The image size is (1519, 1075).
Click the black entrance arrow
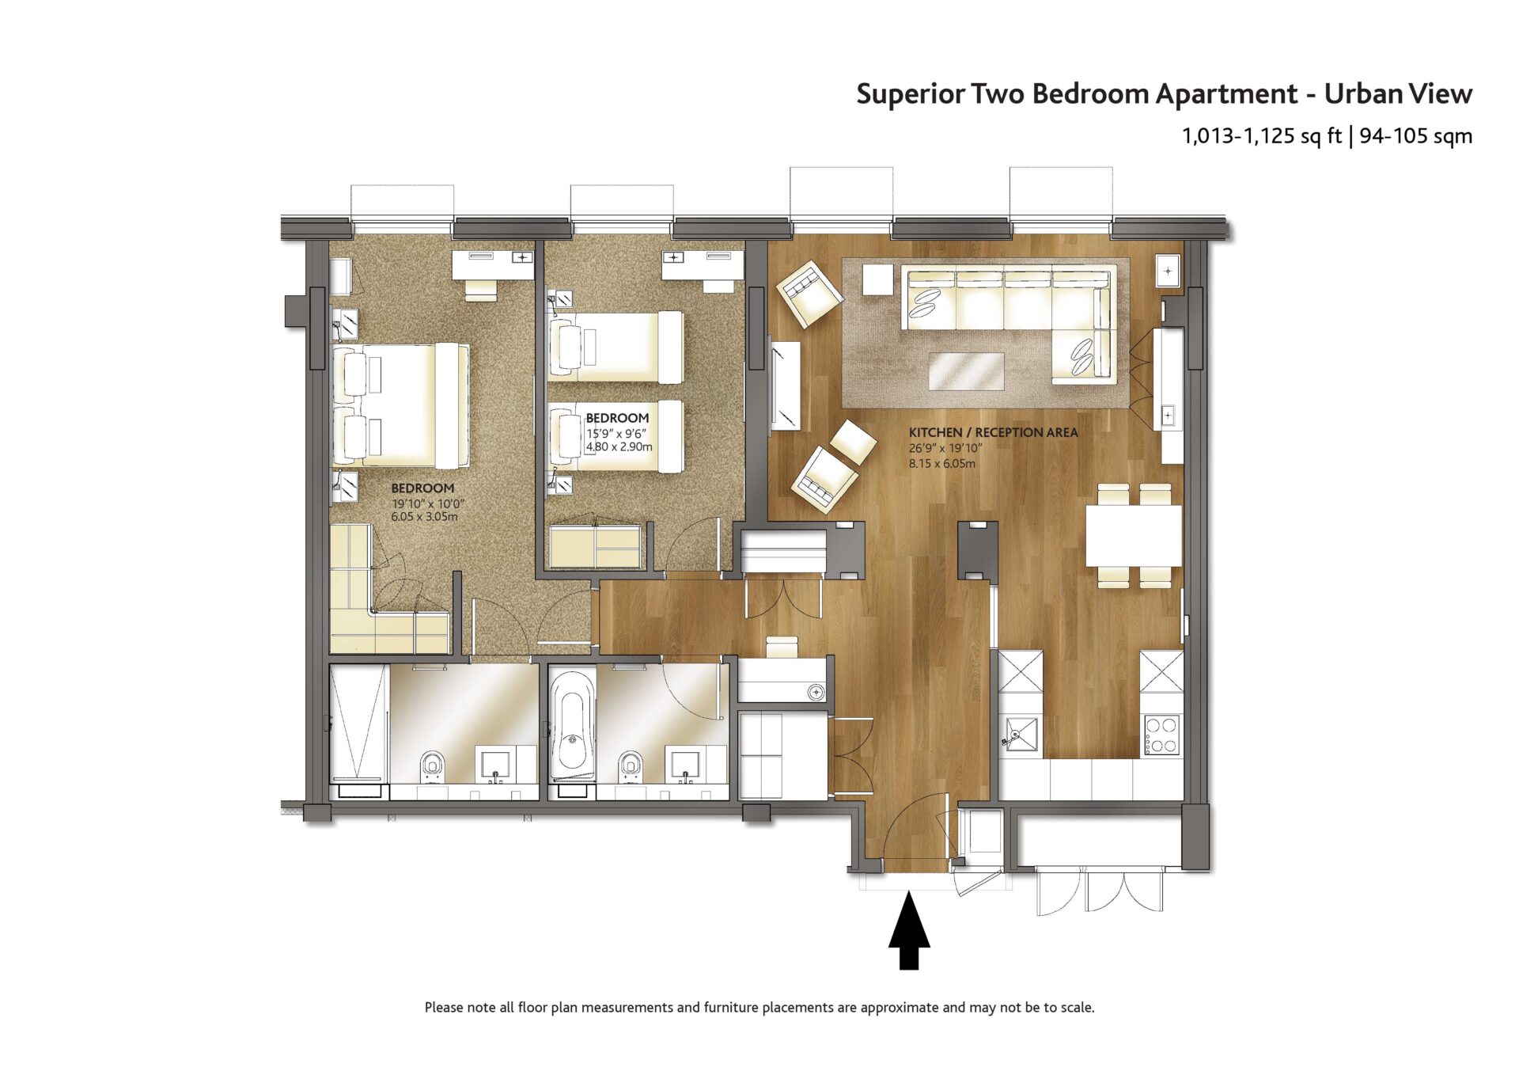pos(909,930)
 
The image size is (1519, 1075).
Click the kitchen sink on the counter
pos(1020,733)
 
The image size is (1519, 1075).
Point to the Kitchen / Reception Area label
pos(993,432)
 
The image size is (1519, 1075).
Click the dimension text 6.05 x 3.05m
pos(424,517)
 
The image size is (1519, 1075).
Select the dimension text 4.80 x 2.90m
pos(619,447)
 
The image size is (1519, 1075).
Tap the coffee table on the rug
pos(966,371)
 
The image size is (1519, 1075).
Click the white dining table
pos(1134,535)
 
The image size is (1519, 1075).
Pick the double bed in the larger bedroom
pos(400,405)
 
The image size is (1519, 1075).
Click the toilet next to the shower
pos(432,764)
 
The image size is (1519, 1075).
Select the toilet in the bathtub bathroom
pos(630,764)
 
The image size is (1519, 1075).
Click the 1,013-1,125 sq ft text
pos(1262,136)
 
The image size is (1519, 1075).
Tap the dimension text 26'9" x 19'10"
pos(945,448)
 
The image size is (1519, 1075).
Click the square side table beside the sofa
pos(877,279)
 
